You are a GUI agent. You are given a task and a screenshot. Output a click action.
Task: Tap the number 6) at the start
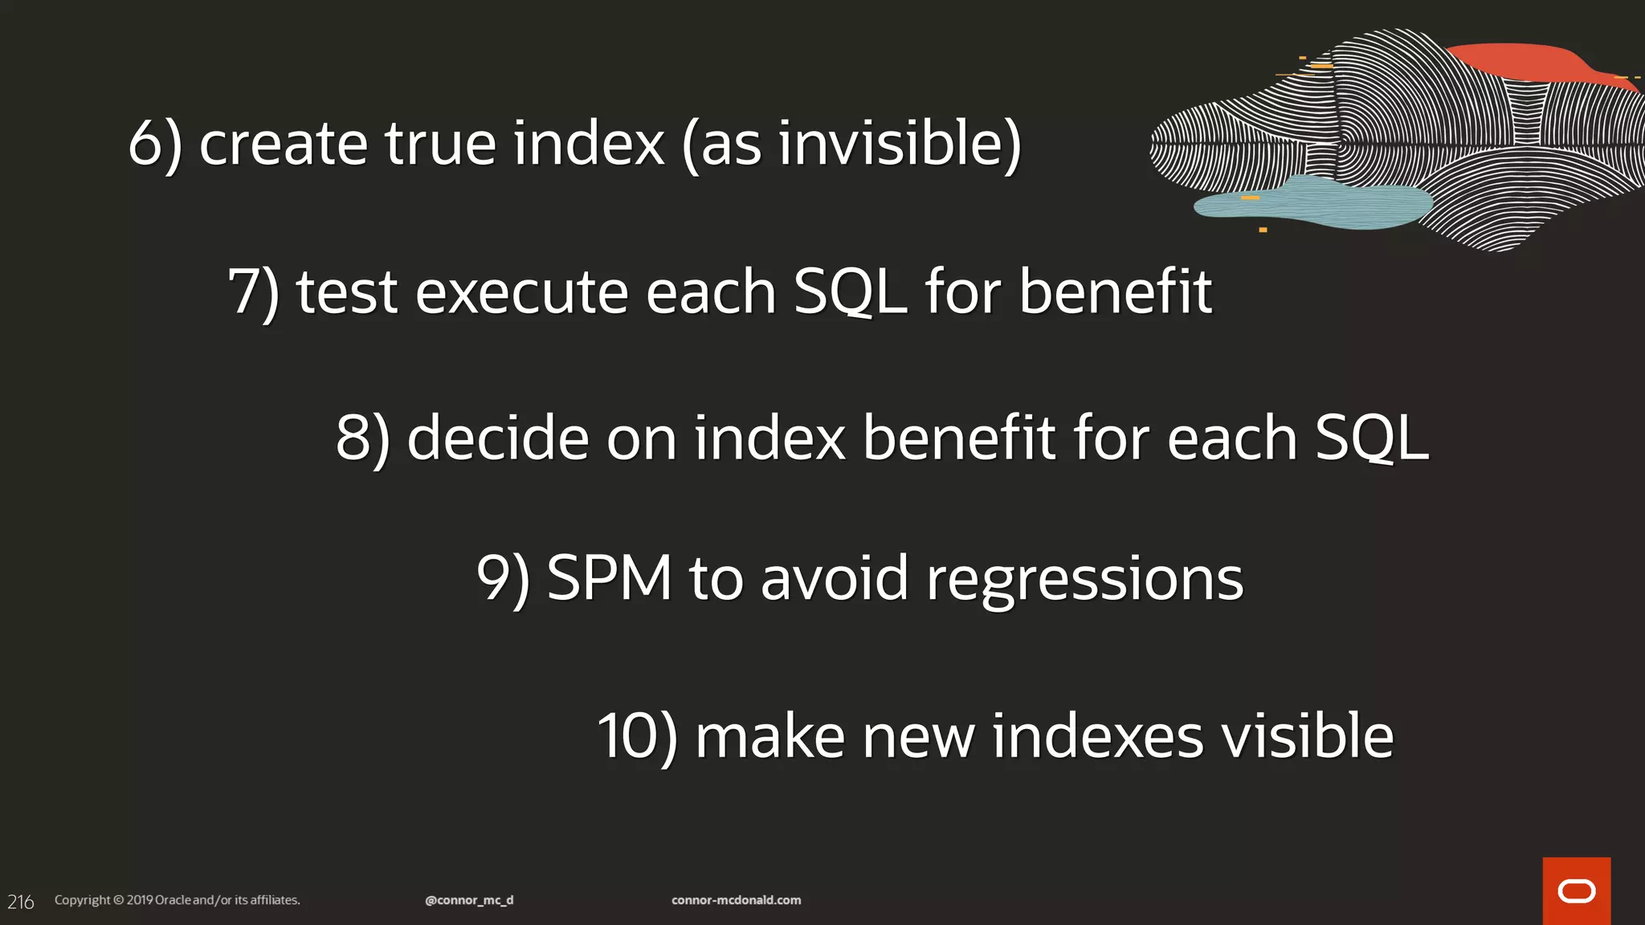[155, 145]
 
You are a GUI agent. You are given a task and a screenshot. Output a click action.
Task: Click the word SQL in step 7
[850, 292]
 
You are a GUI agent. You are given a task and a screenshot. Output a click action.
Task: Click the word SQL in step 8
[1372, 439]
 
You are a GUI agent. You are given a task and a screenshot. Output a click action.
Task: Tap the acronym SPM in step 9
[609, 578]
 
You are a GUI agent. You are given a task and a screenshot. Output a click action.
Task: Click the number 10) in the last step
[637, 737]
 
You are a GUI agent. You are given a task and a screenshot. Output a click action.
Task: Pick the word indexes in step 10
[1097, 737]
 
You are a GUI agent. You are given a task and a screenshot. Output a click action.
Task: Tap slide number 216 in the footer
[21, 902]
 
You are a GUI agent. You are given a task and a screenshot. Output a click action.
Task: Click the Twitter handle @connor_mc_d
[469, 900]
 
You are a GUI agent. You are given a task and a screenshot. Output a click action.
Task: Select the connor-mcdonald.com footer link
[736, 900]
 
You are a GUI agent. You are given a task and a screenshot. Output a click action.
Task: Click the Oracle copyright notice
[177, 900]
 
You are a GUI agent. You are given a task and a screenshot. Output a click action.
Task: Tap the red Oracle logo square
[1576, 890]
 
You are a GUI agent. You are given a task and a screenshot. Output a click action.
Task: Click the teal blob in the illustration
[1317, 202]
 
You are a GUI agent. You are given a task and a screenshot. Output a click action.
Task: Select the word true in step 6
[439, 145]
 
